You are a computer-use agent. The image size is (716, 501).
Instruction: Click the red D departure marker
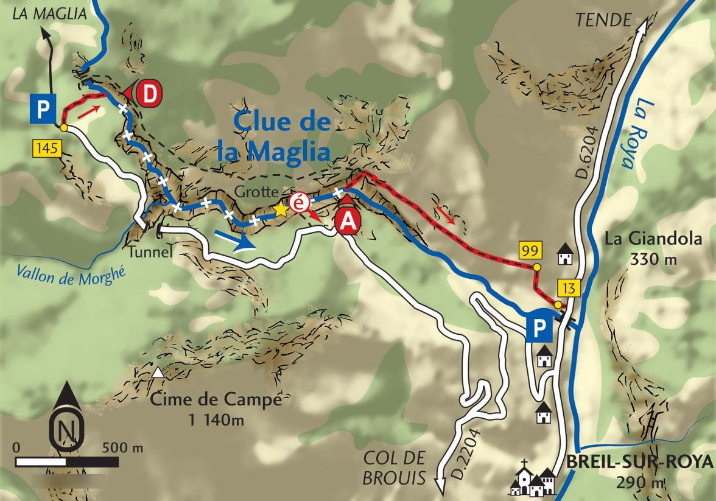(147, 94)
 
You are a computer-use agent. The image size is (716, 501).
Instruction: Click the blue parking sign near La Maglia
(43, 110)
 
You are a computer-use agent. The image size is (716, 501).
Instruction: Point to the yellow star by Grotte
(281, 209)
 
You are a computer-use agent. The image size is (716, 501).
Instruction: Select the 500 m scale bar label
(123, 448)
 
